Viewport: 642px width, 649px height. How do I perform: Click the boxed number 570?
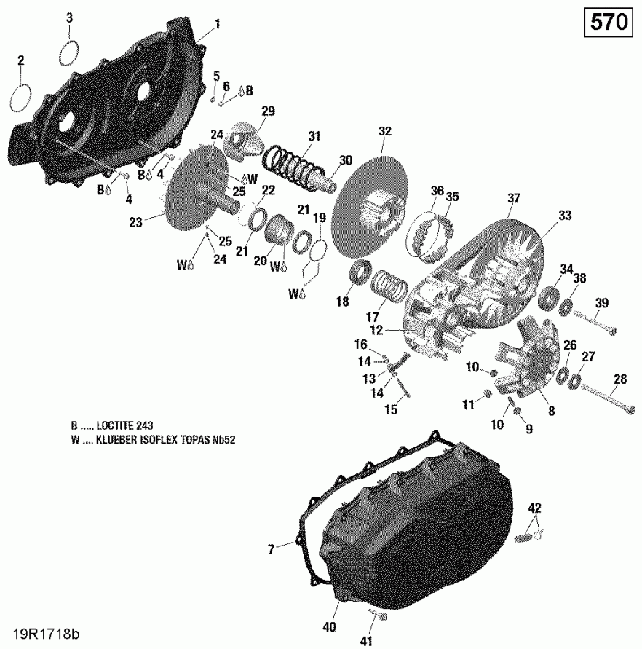click(x=609, y=22)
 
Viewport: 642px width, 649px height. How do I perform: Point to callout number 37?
click(x=514, y=199)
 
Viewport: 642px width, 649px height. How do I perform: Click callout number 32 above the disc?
click(x=384, y=132)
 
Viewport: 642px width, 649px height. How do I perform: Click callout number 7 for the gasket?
click(x=272, y=549)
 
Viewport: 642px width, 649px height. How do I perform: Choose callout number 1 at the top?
click(x=216, y=24)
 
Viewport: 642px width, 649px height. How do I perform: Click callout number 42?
click(x=535, y=508)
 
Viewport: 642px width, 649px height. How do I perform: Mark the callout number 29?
click(x=269, y=111)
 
